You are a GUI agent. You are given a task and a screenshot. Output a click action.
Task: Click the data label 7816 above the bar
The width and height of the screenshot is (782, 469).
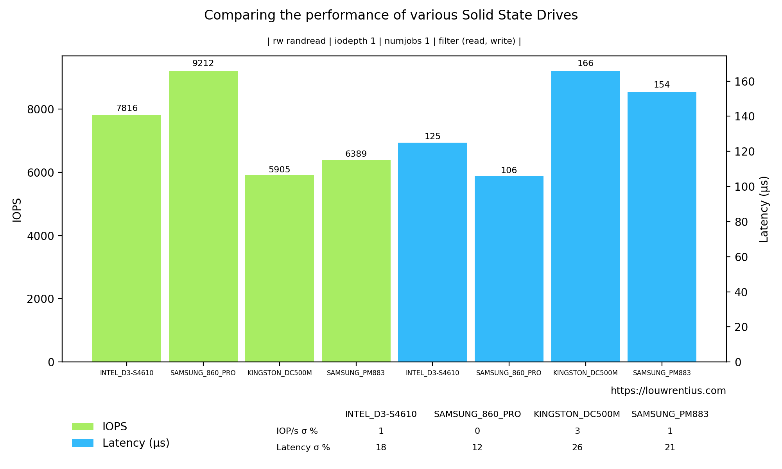[x=127, y=108]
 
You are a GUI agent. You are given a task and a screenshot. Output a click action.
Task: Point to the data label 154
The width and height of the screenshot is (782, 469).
[x=662, y=85]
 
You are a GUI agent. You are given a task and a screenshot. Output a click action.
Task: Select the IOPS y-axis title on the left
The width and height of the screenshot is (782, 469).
[x=17, y=210]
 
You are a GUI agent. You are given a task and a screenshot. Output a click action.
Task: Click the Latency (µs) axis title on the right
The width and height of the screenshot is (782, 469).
[x=764, y=209]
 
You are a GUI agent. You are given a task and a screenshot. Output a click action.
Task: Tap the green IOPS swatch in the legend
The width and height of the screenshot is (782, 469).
[x=83, y=426]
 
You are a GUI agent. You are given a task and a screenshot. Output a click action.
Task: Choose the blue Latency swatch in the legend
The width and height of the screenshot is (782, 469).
[x=83, y=443]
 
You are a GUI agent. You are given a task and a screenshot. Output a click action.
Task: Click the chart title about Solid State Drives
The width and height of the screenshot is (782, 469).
[x=391, y=15]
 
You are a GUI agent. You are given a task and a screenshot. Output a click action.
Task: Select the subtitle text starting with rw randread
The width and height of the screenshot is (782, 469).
[x=394, y=41]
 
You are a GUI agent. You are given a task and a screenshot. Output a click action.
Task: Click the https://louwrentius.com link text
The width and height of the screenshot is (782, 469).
[x=668, y=391]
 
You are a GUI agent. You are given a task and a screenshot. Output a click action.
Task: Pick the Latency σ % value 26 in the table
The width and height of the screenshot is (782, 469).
[x=577, y=448]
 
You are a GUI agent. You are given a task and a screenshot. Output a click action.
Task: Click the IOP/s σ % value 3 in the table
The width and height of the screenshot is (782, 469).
[x=577, y=431]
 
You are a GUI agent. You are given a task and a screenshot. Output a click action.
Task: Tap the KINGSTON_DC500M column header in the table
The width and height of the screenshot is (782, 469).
[x=577, y=414]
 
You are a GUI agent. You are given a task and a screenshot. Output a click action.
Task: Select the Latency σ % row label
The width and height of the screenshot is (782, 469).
[x=303, y=448]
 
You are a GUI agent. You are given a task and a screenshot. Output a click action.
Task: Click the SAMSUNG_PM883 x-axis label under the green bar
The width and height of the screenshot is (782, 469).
[x=356, y=373]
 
